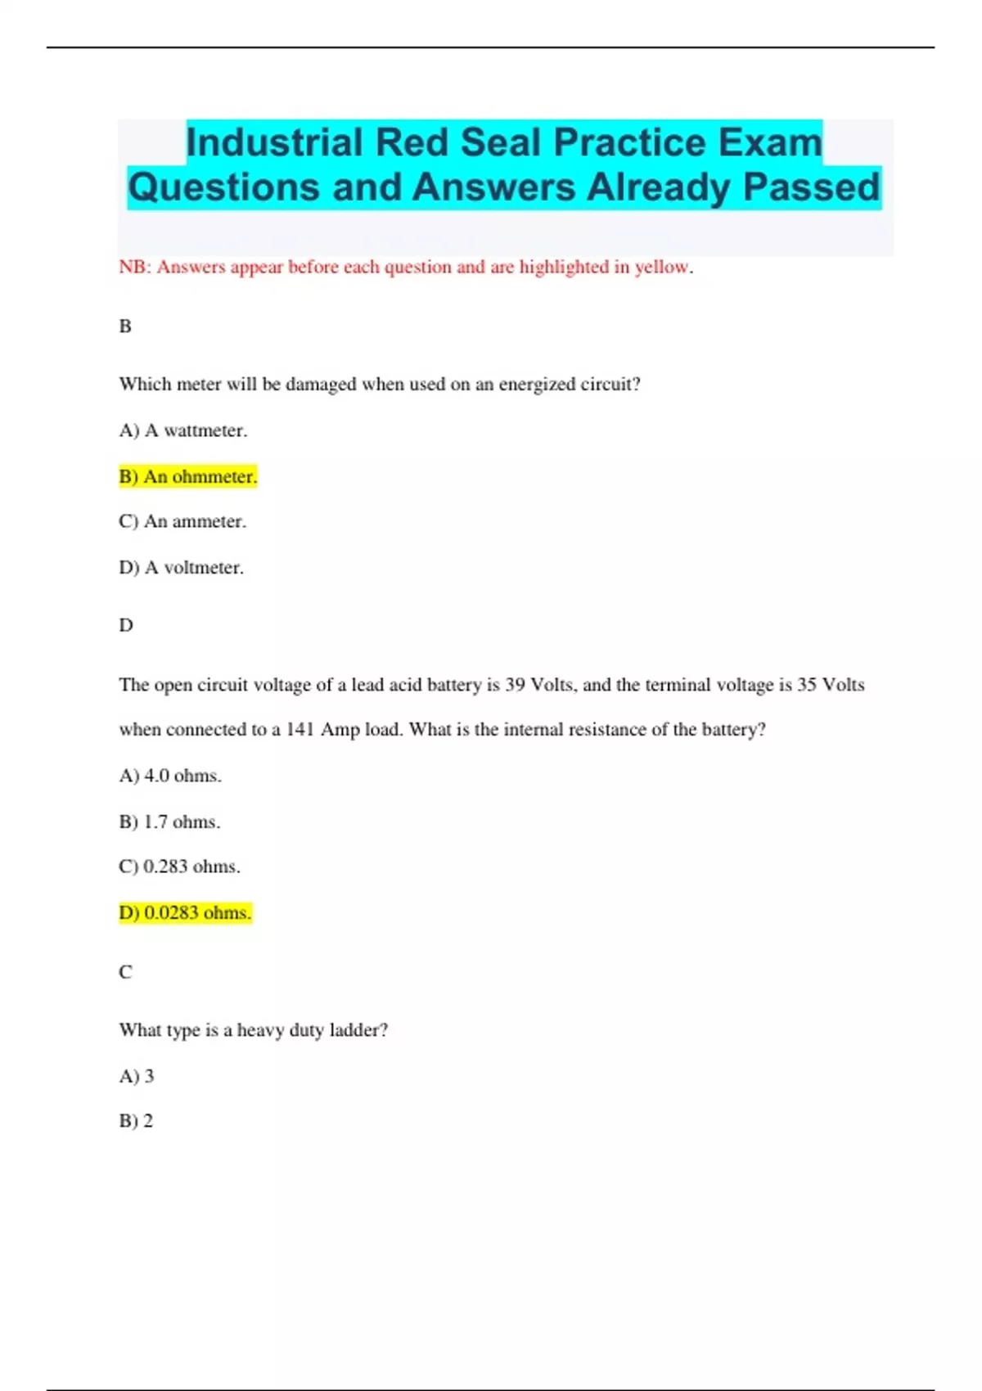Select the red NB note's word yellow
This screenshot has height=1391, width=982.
point(662,267)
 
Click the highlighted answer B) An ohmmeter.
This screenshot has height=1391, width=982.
point(188,476)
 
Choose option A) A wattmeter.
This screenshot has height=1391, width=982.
point(182,430)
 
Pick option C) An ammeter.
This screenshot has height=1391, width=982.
point(182,521)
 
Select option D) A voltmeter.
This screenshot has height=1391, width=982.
point(181,567)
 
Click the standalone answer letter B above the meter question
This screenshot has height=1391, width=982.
point(125,326)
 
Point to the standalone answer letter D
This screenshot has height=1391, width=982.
point(126,625)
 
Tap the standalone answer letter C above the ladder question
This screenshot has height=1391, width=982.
point(125,971)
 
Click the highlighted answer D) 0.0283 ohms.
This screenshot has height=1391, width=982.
point(185,912)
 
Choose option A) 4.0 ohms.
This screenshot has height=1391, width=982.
point(170,775)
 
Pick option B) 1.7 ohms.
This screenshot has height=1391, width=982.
point(169,822)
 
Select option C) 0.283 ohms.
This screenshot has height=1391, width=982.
point(179,867)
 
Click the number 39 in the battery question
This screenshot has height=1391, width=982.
point(515,684)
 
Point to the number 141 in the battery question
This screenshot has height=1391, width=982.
point(300,729)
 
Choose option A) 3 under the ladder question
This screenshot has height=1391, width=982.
point(137,1076)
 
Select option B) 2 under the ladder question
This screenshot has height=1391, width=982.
point(136,1121)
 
